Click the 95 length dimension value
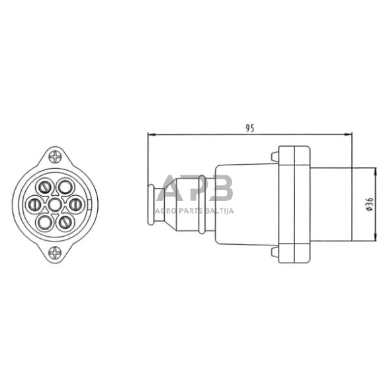[250, 128]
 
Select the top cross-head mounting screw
[55, 157]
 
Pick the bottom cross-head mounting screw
[55, 253]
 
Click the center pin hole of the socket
[55, 204]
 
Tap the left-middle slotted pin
[34, 204]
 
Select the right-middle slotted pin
[75, 204]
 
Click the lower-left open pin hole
[45, 222]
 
